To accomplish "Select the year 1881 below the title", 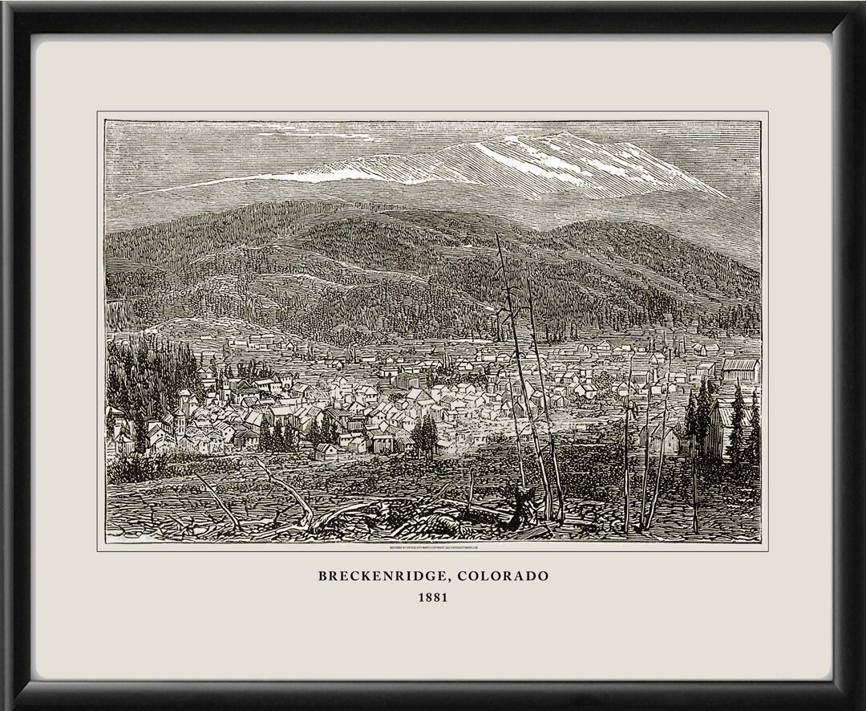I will pyautogui.click(x=433, y=598).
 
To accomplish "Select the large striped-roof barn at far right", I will pyautogui.click(x=739, y=369).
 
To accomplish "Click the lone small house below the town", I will pyautogui.click(x=326, y=452).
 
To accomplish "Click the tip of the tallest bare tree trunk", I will pyautogui.click(x=496, y=236).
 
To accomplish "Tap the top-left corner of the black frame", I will pyautogui.click(x=6, y=6).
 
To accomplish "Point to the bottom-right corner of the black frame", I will pyautogui.click(x=860, y=705).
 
